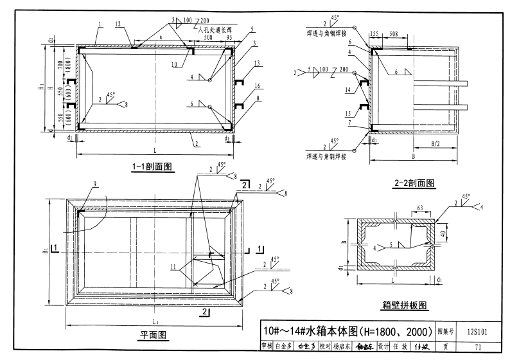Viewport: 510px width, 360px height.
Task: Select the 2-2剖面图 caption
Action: pos(414,184)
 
